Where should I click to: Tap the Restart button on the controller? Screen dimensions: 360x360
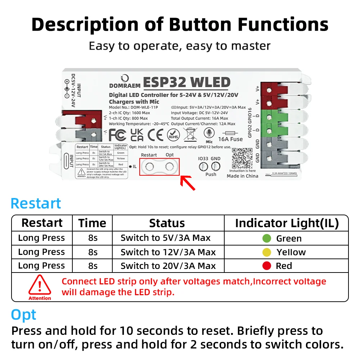[x=149, y=167]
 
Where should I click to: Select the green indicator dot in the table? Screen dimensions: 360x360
[x=267, y=238]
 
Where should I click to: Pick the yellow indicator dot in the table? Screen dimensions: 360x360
[x=267, y=252]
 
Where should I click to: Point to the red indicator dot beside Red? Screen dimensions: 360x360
[x=267, y=266]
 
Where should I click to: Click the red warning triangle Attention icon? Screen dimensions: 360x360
[x=40, y=285]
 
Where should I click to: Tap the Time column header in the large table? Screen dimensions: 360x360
[x=93, y=223]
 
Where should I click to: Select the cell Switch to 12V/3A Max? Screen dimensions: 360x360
[x=168, y=252]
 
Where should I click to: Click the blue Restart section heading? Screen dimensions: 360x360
[x=36, y=203]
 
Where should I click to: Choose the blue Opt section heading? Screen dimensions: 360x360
[x=24, y=315]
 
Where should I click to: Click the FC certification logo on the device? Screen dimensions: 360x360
[x=117, y=135]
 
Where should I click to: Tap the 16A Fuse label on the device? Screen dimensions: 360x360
[x=230, y=139]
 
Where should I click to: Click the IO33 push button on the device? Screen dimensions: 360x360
[x=204, y=166]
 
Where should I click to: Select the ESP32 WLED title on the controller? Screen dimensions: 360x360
[x=186, y=83]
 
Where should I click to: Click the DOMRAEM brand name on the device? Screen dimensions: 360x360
[x=125, y=86]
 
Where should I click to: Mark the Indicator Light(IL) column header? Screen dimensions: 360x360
[x=287, y=223]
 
